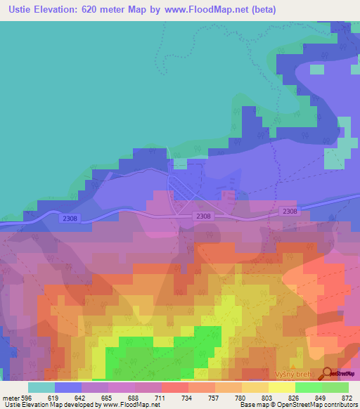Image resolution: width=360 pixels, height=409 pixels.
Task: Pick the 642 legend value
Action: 84,397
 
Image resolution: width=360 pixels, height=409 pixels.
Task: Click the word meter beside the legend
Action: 11,397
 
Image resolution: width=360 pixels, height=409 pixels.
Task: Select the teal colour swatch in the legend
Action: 41,387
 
